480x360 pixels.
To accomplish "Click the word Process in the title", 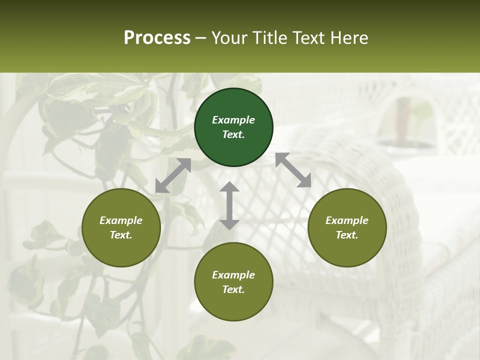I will pos(157,38).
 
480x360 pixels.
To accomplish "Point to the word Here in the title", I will pos(350,38).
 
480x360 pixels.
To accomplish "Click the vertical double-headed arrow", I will pos(229,205).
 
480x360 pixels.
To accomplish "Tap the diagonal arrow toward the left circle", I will pos(173,175).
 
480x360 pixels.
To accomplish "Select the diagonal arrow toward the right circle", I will pos(293,170).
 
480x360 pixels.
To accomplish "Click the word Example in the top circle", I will pos(233,120).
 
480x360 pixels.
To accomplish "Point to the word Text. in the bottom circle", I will pos(233,289).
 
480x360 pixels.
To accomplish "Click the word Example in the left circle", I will pos(121,220).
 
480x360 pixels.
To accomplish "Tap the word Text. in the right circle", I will pos(347,235).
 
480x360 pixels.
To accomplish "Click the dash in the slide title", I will pos(201,38).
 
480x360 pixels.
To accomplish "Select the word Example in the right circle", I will pos(347,220).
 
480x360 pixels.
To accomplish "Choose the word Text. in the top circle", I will pos(233,134).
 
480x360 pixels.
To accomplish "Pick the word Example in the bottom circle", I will pos(233,275).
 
